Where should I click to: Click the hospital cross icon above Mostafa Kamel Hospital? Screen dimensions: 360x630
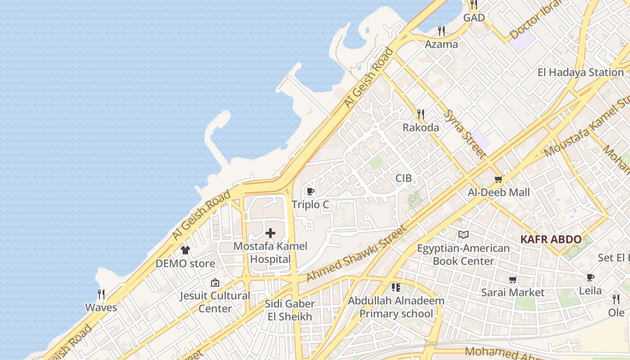pos(270,233)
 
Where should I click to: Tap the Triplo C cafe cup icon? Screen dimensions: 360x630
pos(310,191)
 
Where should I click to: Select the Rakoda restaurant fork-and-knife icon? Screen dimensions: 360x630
pos(421,114)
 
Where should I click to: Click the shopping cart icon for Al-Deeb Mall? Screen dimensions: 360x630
pos(498,180)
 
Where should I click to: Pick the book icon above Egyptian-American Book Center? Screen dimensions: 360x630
pos(463,234)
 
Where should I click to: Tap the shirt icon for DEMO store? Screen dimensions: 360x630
pos(185,250)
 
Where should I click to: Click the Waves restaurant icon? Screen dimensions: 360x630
pos(101,294)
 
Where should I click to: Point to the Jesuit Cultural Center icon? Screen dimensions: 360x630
pos(215,283)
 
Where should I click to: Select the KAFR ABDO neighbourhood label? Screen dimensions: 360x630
pos(551,239)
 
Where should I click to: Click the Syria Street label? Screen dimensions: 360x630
pos(465,134)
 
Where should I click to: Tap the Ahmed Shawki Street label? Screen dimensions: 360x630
pos(356,253)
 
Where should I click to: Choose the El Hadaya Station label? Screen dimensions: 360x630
pos(580,72)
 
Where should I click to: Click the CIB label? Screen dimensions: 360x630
pos(403,178)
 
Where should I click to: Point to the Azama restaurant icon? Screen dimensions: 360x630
pos(441,31)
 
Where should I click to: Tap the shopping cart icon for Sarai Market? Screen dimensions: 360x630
pos(513,280)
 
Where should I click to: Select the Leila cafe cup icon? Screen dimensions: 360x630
pos(590,277)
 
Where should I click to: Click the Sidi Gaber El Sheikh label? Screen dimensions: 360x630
pos(289,310)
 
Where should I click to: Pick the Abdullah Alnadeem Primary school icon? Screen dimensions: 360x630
pos(396,287)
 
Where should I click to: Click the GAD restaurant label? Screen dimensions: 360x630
pos(474,18)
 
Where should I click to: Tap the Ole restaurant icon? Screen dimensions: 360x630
pos(616,299)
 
